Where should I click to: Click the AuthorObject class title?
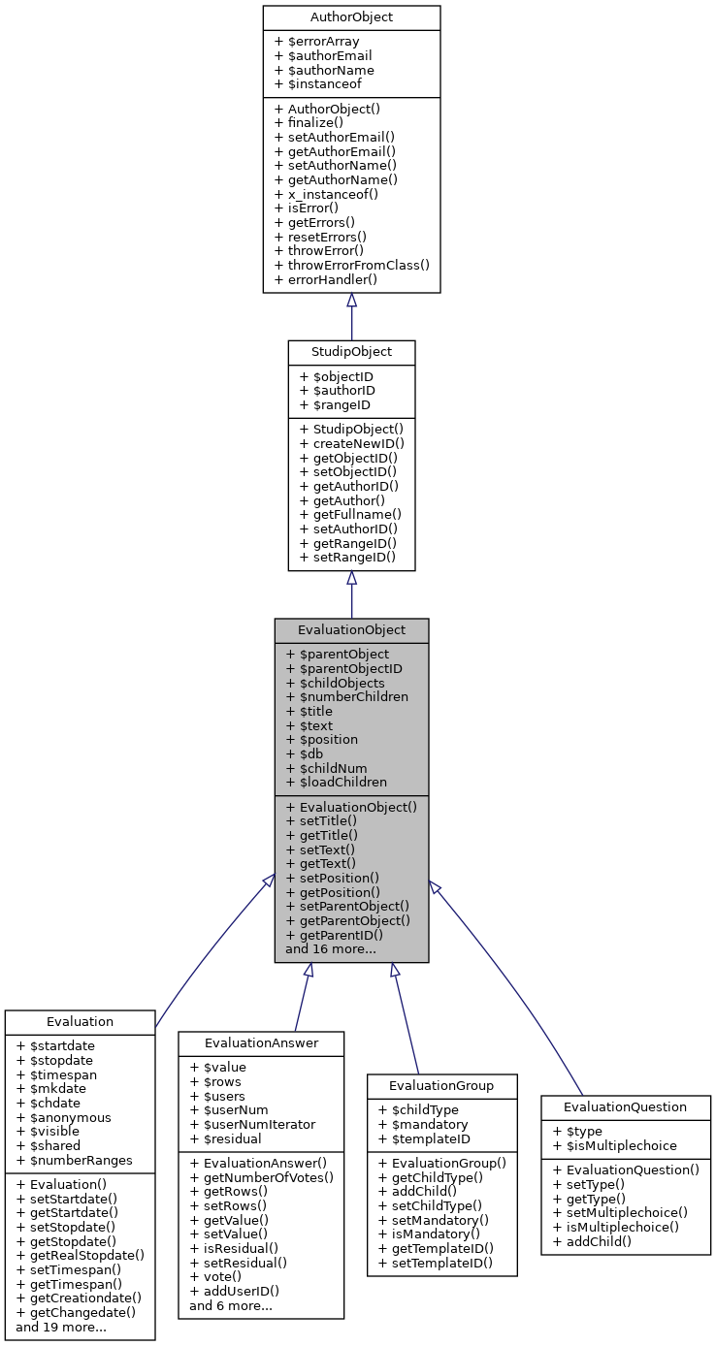pyautogui.click(x=351, y=17)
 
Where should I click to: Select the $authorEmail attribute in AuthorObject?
pyautogui.click(x=324, y=56)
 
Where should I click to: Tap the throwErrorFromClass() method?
pyautogui.click(x=352, y=265)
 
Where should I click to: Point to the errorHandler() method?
pyautogui.click(x=326, y=279)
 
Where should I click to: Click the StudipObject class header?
pyautogui.click(x=351, y=352)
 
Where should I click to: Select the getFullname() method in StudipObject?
pyautogui.click(x=350, y=514)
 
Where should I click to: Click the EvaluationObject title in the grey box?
pyautogui.click(x=351, y=630)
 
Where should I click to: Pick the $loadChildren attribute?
pyautogui.click(x=336, y=782)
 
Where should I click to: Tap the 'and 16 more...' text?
pyautogui.click(x=331, y=949)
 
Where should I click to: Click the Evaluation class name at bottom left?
pyautogui.click(x=80, y=1021)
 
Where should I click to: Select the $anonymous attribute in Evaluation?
pyautogui.click(x=64, y=1117)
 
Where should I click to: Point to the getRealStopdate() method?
pyautogui.click(x=81, y=1255)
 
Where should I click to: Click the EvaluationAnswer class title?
pyautogui.click(x=261, y=1042)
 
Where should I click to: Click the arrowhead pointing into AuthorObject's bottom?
pyautogui.click(x=351, y=301)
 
